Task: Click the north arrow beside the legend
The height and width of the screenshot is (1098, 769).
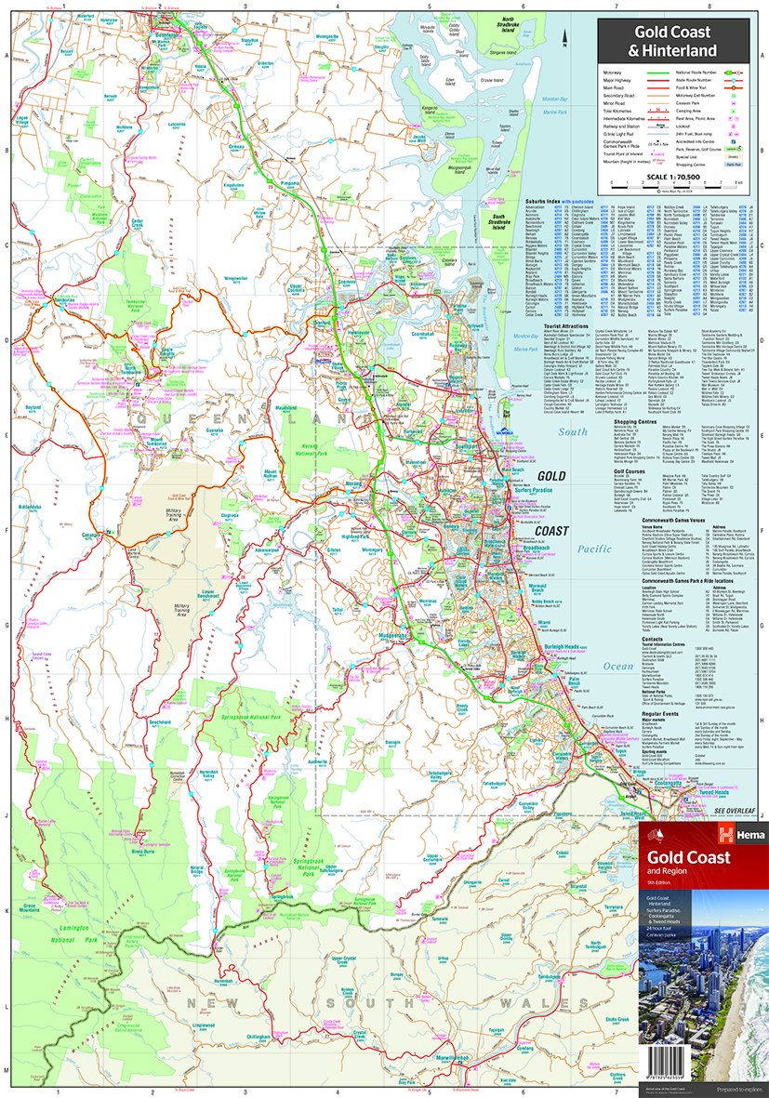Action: point(566,38)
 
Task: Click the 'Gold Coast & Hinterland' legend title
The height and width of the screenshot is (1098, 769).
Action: point(675,44)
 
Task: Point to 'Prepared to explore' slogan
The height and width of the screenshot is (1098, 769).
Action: point(728,1089)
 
